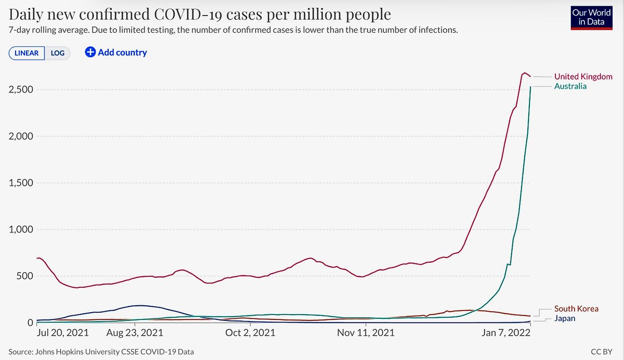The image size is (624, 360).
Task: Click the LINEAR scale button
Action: pyautogui.click(x=27, y=53)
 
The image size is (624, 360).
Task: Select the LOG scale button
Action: pyautogui.click(x=57, y=53)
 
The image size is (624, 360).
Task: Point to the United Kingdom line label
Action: pyautogui.click(x=583, y=76)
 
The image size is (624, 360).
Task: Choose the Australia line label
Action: pyautogui.click(x=570, y=86)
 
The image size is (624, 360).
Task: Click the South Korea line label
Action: pyautogui.click(x=576, y=309)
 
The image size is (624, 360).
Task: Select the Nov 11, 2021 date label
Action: pyautogui.click(x=366, y=332)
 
